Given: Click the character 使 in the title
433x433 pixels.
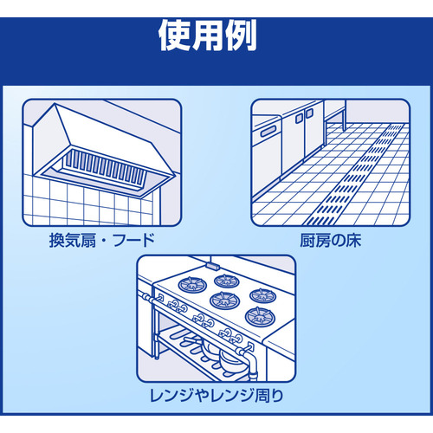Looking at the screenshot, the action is (176, 36).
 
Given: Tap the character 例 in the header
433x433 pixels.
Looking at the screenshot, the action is (241, 36).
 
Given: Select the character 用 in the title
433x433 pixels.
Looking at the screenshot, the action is (208, 36).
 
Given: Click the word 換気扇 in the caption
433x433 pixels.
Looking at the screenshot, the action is (73, 240).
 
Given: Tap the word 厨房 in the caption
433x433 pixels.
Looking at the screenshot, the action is (315, 240).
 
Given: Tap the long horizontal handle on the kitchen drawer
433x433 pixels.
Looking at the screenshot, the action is (270, 132).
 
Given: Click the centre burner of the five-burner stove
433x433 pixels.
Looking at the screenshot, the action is (224, 300).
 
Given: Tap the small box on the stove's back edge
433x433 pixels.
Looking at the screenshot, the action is (213, 266).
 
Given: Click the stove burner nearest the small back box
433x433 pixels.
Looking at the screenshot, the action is (226, 281).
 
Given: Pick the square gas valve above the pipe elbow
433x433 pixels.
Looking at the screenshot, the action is (250, 346).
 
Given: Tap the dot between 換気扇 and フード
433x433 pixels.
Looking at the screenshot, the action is (105, 241).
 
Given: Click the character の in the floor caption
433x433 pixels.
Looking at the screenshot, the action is (338, 241).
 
